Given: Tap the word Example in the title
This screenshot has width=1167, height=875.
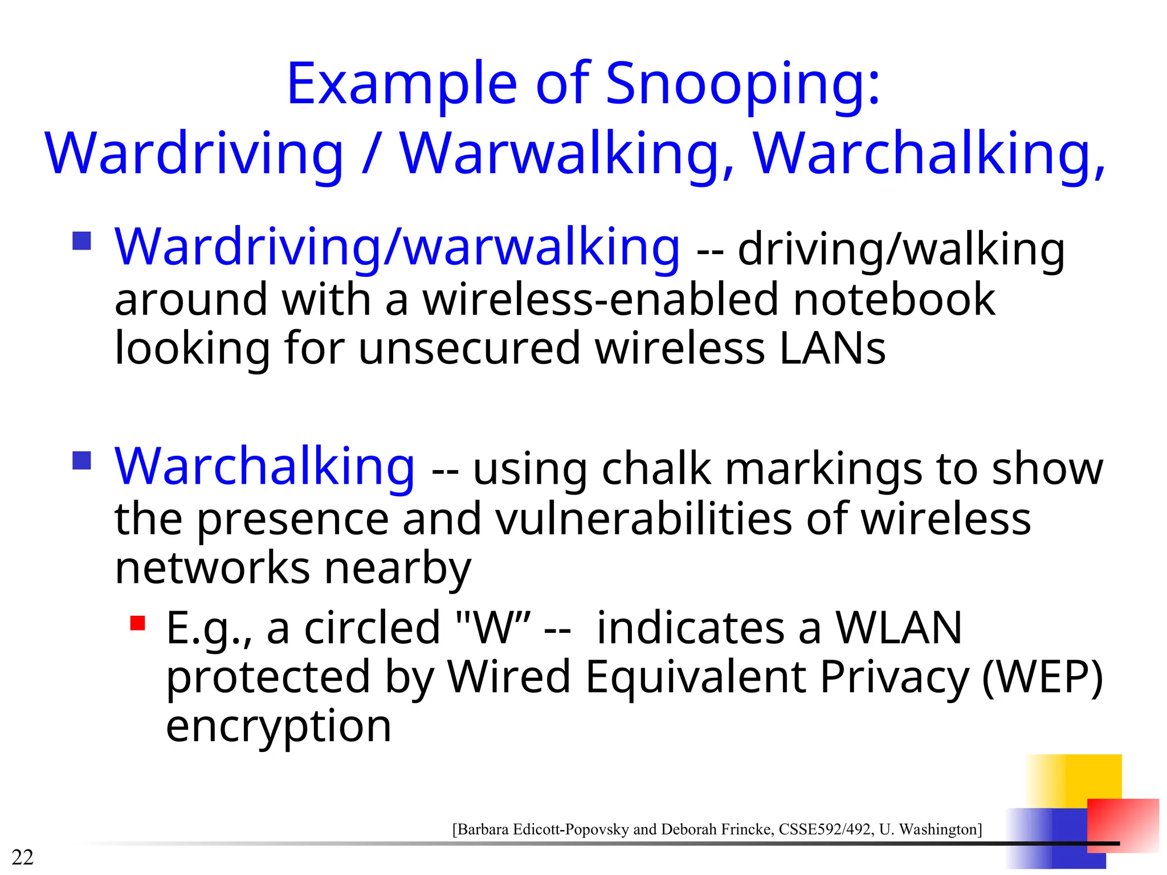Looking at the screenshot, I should [x=401, y=85].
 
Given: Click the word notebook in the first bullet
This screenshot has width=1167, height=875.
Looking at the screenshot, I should [x=894, y=300].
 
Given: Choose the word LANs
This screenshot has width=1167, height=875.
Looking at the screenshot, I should [x=833, y=349].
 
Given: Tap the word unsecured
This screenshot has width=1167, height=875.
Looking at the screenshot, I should [x=470, y=349].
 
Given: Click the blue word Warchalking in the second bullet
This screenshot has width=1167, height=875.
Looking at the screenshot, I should [x=264, y=467].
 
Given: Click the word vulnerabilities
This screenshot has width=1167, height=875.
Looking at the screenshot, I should [x=644, y=519].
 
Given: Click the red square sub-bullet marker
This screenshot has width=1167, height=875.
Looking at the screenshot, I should [x=137, y=623].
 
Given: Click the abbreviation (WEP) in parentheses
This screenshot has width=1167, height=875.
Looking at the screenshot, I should [x=1042, y=677].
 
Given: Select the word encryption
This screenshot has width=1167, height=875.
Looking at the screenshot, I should [x=279, y=726].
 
